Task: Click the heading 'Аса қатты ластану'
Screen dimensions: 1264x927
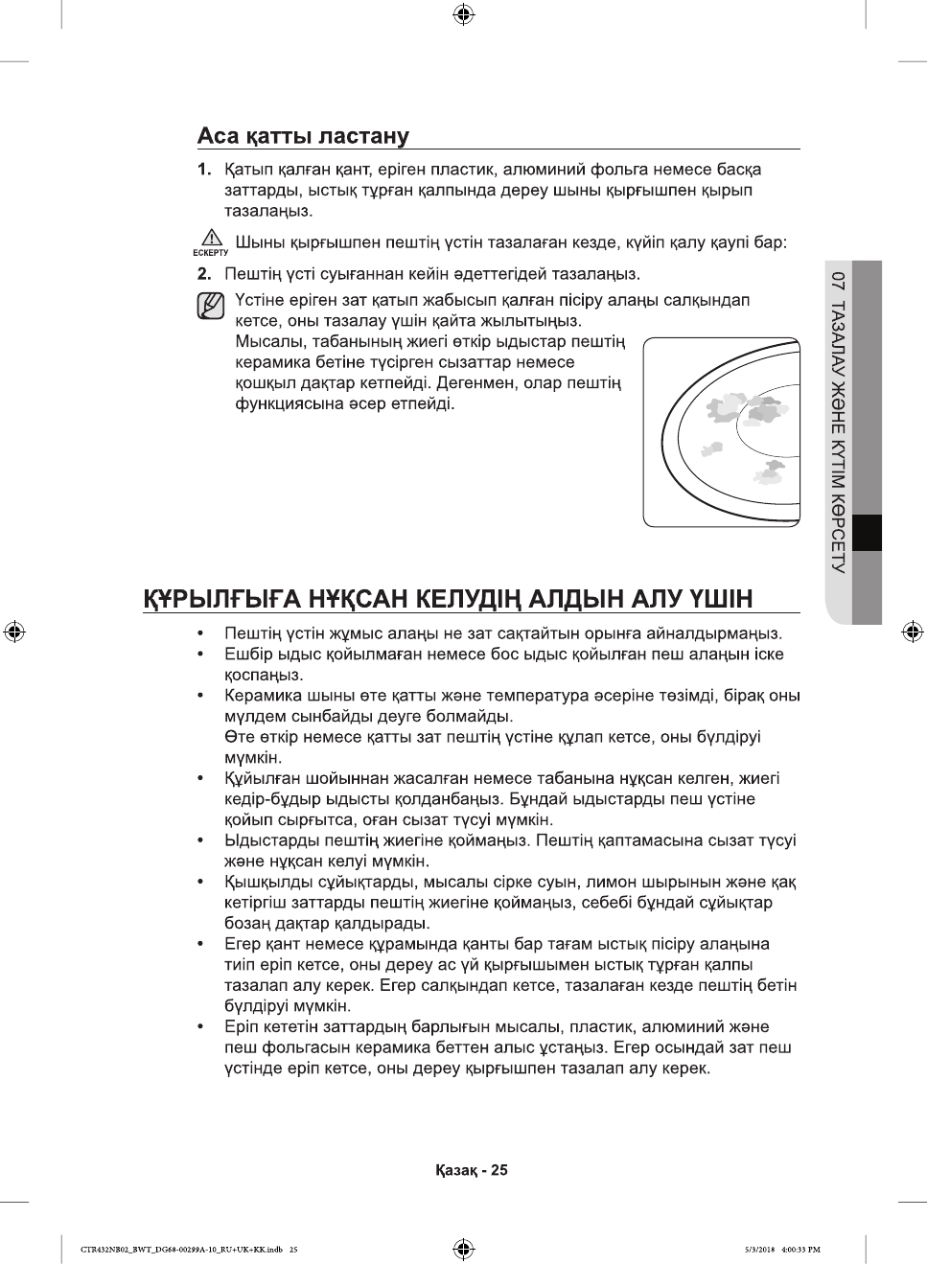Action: [x=303, y=136]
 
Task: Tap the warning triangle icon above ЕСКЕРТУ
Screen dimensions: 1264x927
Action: [x=210, y=238]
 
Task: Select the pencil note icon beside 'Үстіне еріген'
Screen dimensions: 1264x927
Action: [x=210, y=307]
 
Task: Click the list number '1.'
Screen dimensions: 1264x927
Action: [x=204, y=170]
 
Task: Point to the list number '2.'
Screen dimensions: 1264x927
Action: [x=204, y=274]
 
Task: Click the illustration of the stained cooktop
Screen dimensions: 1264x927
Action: [x=721, y=431]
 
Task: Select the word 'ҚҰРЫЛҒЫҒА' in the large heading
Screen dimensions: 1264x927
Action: [x=222, y=599]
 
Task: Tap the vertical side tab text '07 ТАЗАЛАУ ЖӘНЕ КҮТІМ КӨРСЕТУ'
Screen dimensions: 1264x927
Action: [x=839, y=422]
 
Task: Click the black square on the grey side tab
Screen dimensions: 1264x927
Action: [x=867, y=533]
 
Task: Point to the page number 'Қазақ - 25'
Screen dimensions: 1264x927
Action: [x=472, y=1170]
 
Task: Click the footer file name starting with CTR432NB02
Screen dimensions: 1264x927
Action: [x=182, y=1250]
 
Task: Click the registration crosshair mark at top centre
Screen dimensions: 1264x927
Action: [x=463, y=13]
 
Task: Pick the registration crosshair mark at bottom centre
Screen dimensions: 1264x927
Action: [x=463, y=1249]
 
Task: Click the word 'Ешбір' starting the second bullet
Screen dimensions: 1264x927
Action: [x=247, y=655]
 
